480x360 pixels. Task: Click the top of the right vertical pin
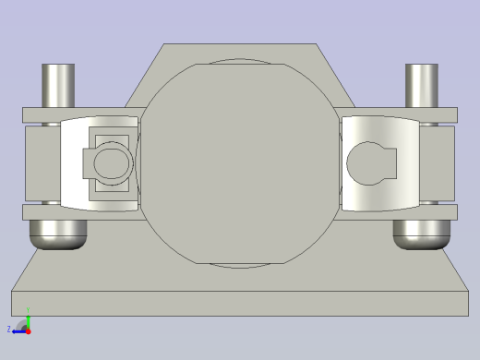coord(422,67)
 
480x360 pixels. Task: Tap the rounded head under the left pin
coord(58,235)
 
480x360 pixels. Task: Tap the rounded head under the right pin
coord(421,235)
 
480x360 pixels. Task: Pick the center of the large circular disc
coord(239,163)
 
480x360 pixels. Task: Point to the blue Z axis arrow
coord(19,329)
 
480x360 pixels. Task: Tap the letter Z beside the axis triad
coord(9,329)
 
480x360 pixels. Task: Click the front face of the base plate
coord(239,304)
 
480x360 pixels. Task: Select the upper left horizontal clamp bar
coord(42,115)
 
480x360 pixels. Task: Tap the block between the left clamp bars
coord(42,163)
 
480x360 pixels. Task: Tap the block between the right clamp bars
coord(441,163)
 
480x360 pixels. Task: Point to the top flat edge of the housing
coord(239,45)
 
